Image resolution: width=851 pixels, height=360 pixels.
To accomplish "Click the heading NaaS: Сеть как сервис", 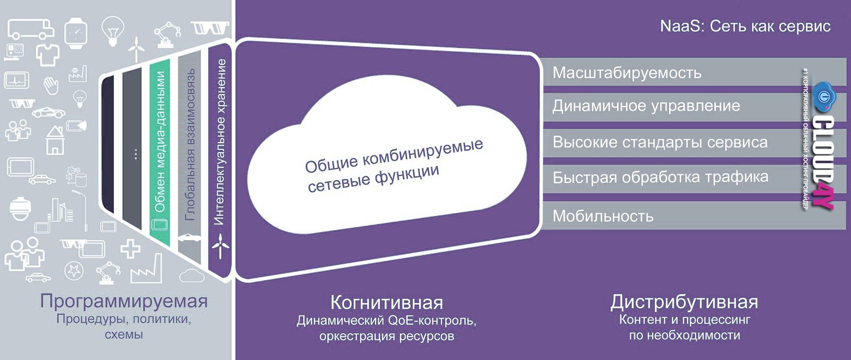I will pos(745,26).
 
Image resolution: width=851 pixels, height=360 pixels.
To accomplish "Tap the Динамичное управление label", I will pos(646,106).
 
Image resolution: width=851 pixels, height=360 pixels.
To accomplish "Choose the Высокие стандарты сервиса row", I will pos(660,143).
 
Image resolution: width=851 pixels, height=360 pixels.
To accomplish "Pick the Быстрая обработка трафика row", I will pos(660,177).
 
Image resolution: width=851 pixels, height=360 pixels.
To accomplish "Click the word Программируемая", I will pos(123,301).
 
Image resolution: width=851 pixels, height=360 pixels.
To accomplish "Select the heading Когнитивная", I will pos(387,303).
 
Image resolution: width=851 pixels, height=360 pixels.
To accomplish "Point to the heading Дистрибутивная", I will pos(684,302).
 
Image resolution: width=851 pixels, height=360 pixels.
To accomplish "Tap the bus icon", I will pos(31,30).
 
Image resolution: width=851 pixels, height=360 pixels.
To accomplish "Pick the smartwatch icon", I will pos(76,33).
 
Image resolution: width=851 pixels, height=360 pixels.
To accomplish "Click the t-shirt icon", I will pos(47,54).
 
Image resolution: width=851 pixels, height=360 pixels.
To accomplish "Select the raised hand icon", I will pos(51,85).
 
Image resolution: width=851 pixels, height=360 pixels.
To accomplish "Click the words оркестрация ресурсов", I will pos(387,336).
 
